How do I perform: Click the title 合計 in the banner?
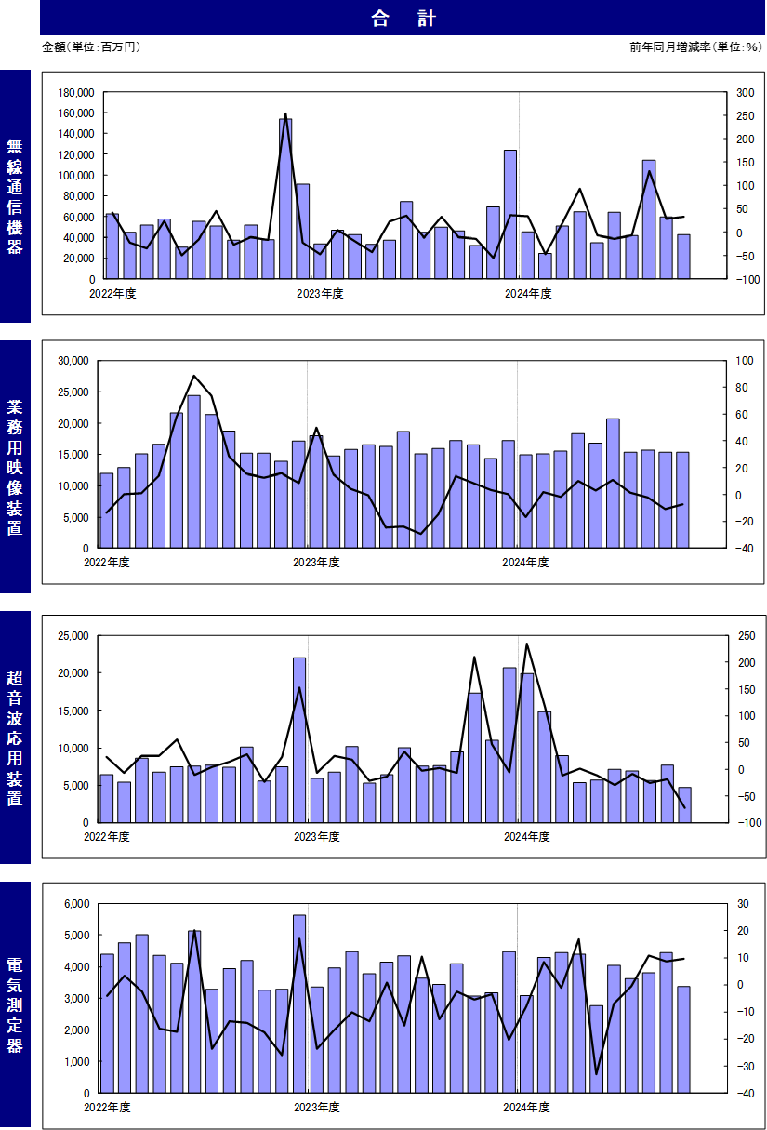pyautogui.click(x=403, y=19)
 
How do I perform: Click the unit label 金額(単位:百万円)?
pyautogui.click(x=91, y=47)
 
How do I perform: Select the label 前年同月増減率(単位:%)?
pyautogui.click(x=695, y=47)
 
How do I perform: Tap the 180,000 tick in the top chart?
pyautogui.click(x=75, y=93)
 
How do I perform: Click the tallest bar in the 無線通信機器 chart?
pyautogui.click(x=285, y=199)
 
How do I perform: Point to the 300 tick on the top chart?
pyautogui.click(x=745, y=93)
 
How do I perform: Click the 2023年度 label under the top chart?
pyautogui.click(x=320, y=294)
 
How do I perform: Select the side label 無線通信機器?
pyautogui.click(x=15, y=196)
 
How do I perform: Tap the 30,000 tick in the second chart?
pyautogui.click(x=73, y=361)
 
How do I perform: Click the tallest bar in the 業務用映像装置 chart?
pyautogui.click(x=194, y=472)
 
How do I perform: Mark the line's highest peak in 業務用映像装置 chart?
pyautogui.click(x=194, y=376)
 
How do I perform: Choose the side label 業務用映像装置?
pyautogui.click(x=15, y=467)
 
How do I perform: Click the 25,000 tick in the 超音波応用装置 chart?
pyautogui.click(x=73, y=636)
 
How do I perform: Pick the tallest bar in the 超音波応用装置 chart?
pyautogui.click(x=299, y=740)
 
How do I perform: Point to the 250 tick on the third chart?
pyautogui.click(x=747, y=636)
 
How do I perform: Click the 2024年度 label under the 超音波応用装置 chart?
pyautogui.click(x=526, y=837)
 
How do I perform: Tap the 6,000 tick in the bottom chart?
pyautogui.click(x=76, y=904)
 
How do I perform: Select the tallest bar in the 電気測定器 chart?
pyautogui.click(x=299, y=1004)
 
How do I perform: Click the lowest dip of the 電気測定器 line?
pyautogui.click(x=596, y=1074)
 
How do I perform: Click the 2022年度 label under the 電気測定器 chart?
pyautogui.click(x=107, y=1108)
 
